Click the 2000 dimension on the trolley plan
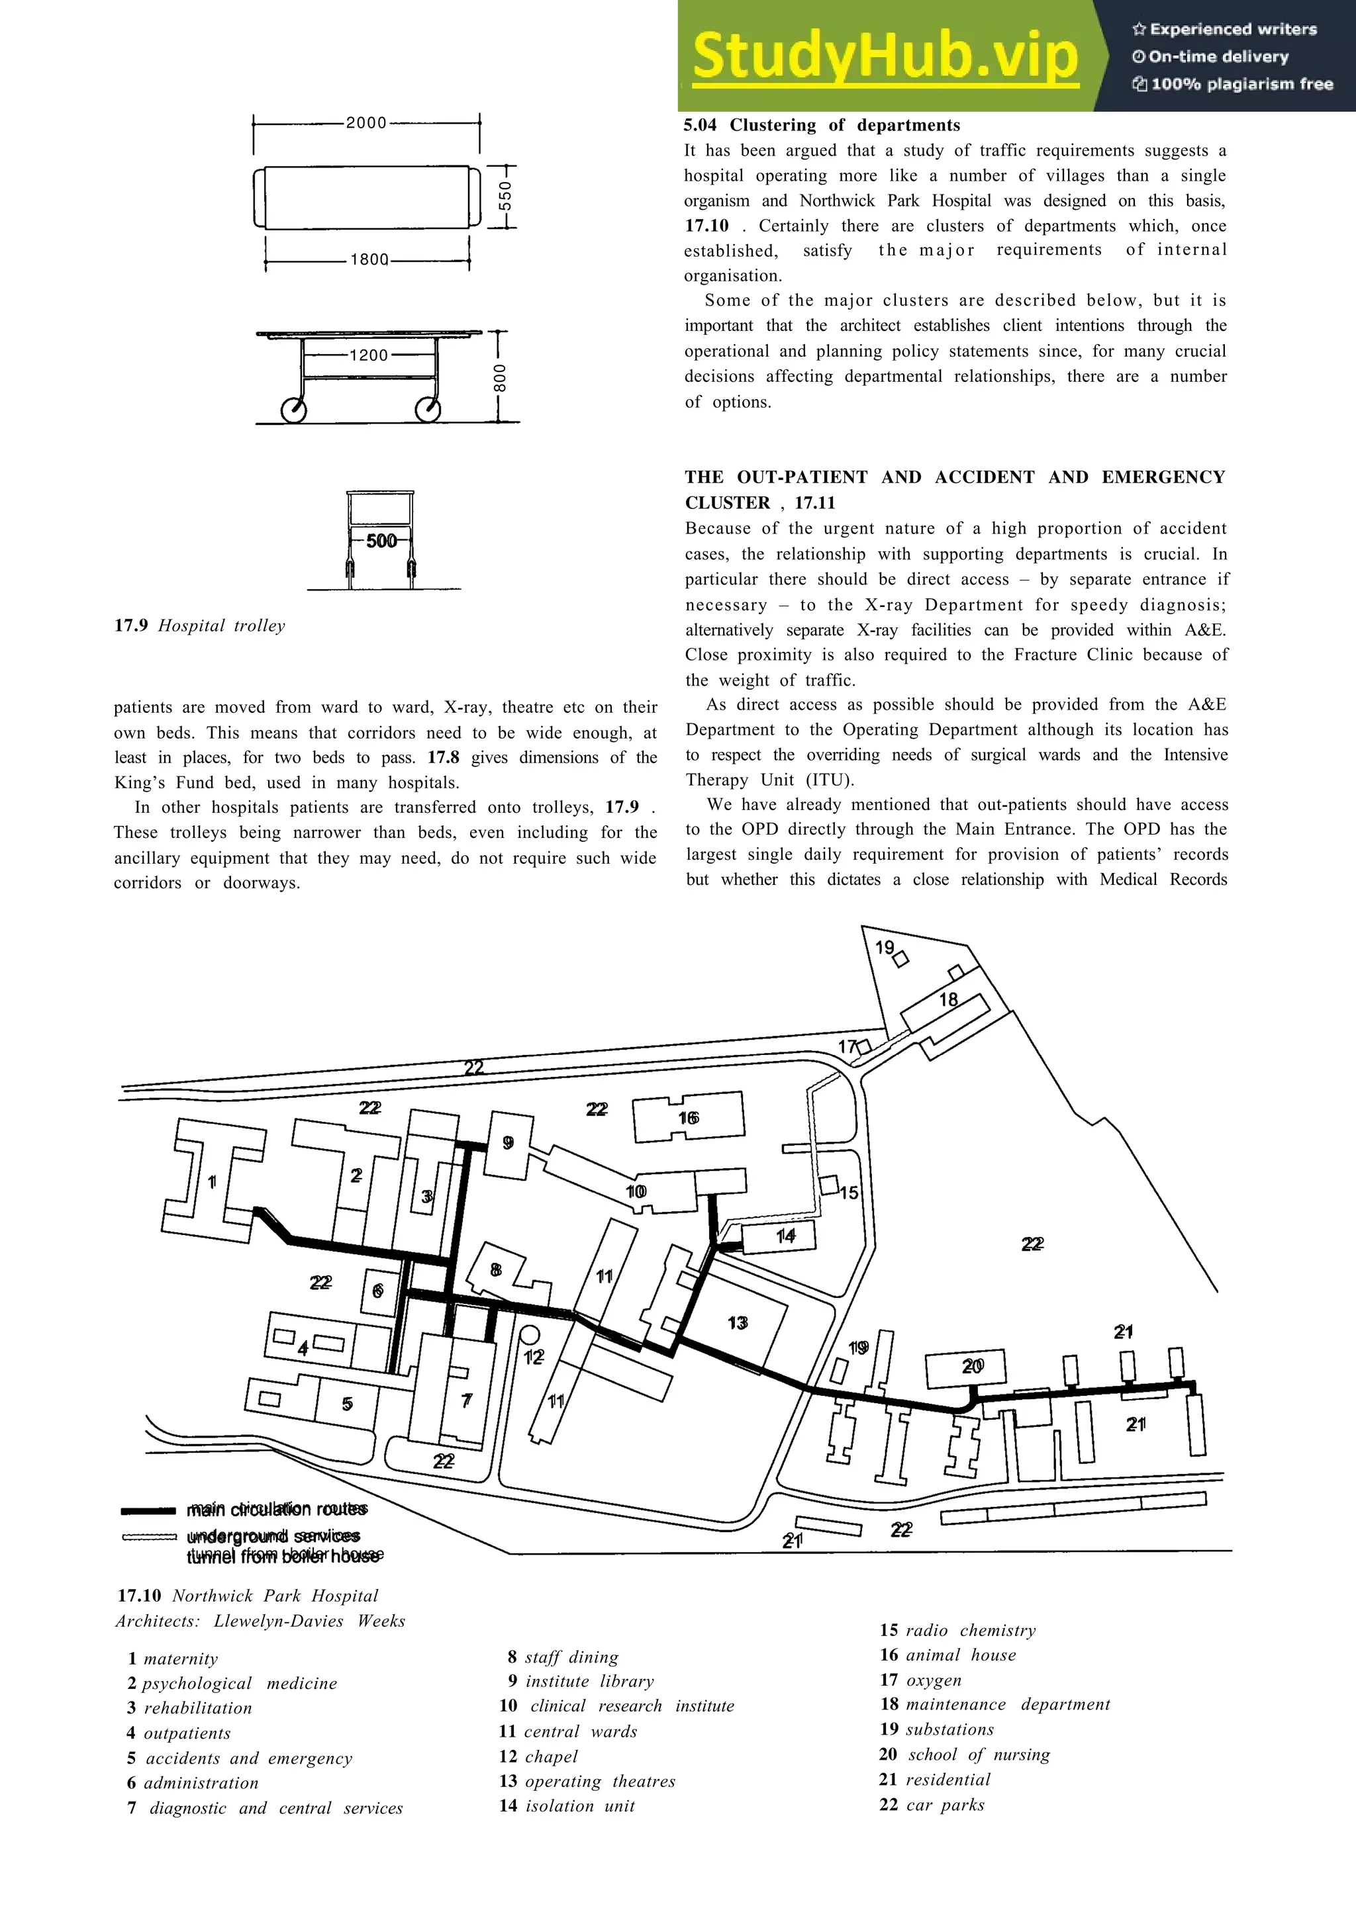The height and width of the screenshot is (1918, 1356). (366, 123)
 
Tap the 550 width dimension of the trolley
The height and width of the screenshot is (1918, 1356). (505, 197)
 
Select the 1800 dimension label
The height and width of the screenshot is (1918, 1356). (368, 260)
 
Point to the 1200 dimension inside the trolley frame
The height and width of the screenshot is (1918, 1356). (368, 355)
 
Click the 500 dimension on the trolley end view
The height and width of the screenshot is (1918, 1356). (381, 541)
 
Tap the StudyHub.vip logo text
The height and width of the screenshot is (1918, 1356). (884, 55)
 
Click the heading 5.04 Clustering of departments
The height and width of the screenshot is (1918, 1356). (821, 125)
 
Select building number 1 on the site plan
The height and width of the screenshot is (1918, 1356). (213, 1181)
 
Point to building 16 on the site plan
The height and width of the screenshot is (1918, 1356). (689, 1118)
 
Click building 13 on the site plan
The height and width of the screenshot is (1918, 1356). (737, 1322)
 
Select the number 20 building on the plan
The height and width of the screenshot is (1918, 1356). (972, 1366)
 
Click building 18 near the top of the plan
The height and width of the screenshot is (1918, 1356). (948, 1000)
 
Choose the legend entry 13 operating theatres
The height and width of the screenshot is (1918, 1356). (587, 1781)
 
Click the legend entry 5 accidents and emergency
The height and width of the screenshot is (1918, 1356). (240, 1758)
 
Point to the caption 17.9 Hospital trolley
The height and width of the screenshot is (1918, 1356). (200, 625)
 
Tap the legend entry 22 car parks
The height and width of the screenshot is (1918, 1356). (932, 1804)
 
